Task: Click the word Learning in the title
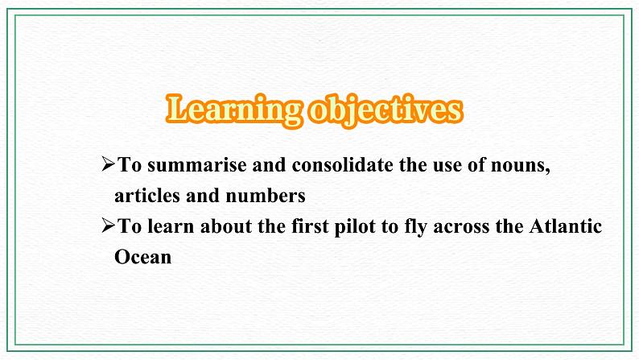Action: (234, 110)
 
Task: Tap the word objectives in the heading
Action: (385, 110)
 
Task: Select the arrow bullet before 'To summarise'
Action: (108, 164)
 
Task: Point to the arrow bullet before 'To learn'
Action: (108, 225)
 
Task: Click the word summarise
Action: (197, 166)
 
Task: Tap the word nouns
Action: (517, 166)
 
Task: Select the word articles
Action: (147, 196)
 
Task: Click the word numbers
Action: (266, 196)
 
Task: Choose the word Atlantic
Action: (566, 226)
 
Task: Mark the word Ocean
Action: (143, 257)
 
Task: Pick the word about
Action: (226, 226)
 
